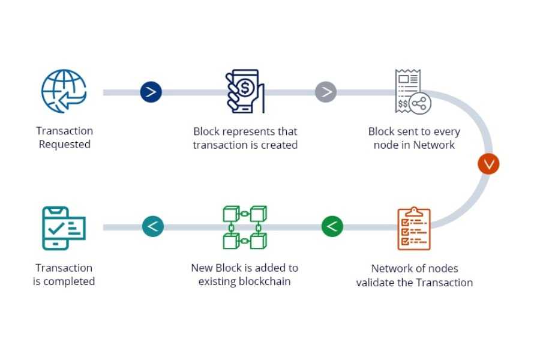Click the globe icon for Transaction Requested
pos(64,92)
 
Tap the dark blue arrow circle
pos(151,92)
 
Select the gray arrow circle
pos(326,92)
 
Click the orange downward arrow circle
pos(488,164)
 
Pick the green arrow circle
pos(332,227)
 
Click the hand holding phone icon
pos(245,92)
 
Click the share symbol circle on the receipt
pos(420,103)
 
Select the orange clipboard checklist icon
pos(414,229)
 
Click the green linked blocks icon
pos(245,227)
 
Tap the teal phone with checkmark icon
pos(64,228)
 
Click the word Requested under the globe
pos(64,145)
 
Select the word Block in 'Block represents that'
pos(206,131)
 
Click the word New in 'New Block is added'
pos(202,268)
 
